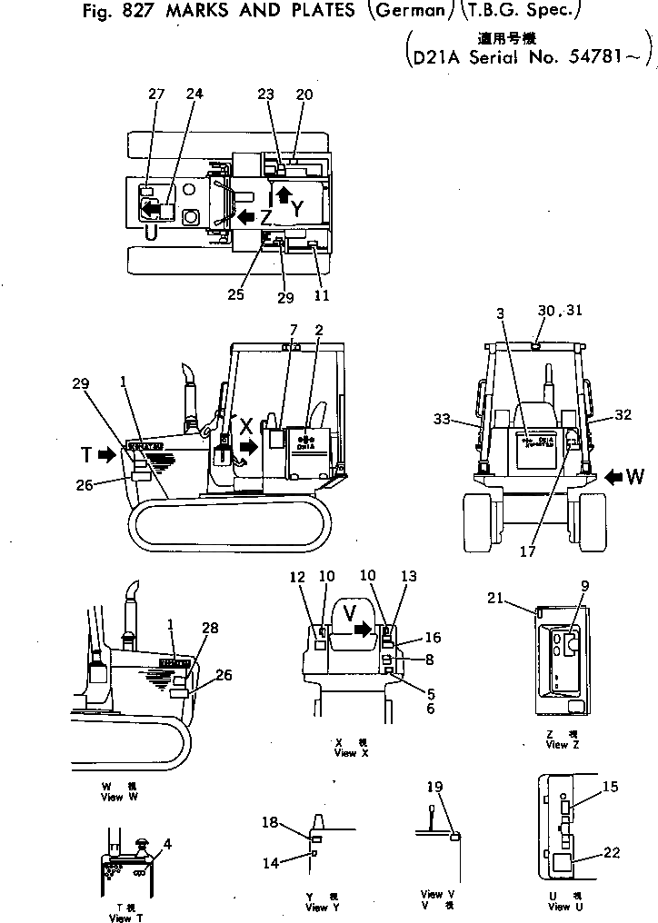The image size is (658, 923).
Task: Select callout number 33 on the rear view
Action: [x=443, y=419]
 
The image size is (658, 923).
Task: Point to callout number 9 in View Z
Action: [x=585, y=586]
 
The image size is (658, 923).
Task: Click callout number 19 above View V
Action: [x=435, y=786]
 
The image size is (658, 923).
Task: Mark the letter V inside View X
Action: [x=349, y=610]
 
